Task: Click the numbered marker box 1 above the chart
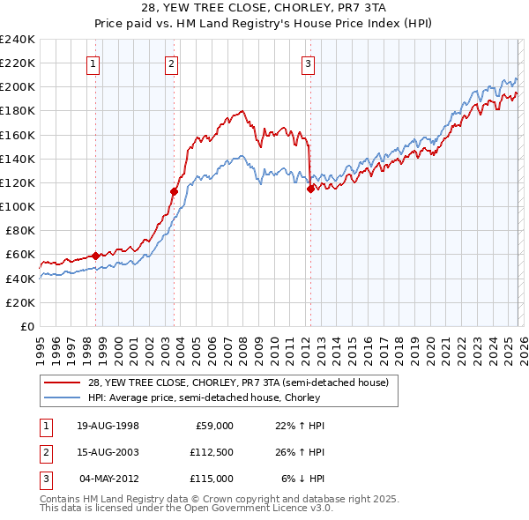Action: click(x=93, y=63)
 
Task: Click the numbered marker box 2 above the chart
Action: click(x=171, y=63)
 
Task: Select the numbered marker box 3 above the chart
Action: click(x=308, y=63)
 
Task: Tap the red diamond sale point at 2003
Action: click(x=175, y=191)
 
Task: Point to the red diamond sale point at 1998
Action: click(x=96, y=256)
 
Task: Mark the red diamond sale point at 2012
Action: click(x=310, y=188)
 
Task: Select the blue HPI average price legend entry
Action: click(x=231, y=397)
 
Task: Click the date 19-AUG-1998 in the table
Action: click(x=108, y=426)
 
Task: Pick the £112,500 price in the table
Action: click(x=212, y=452)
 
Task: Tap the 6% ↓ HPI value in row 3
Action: click(x=303, y=479)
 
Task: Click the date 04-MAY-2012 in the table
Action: click(x=108, y=479)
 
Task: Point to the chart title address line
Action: click(x=264, y=8)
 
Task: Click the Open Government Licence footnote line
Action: click(x=187, y=509)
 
